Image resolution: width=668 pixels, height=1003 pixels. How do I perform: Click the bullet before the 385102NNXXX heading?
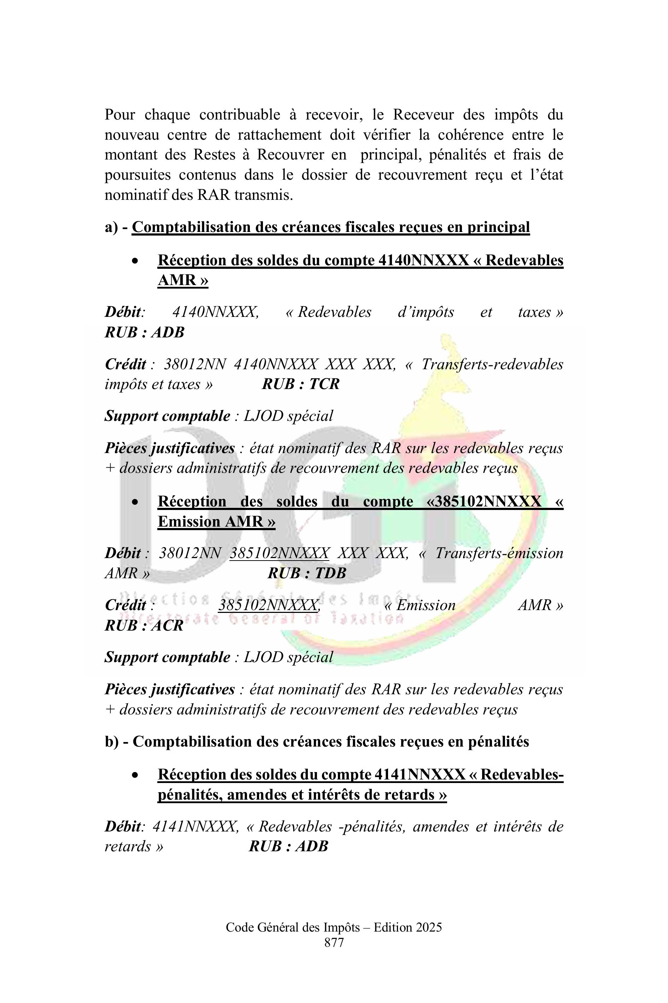pos(135,502)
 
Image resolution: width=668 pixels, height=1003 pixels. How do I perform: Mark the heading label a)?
pos(111,227)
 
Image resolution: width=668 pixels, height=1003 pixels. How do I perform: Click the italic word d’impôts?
pos(426,312)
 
